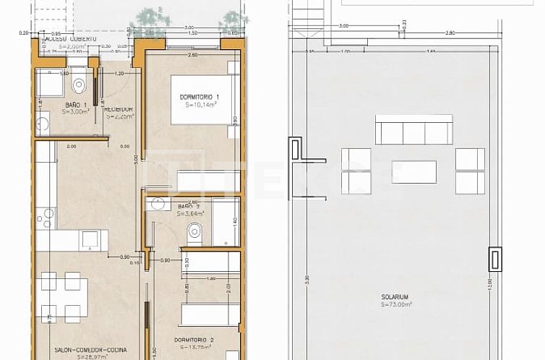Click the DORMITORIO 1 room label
199,97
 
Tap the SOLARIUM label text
395,297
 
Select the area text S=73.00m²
395,305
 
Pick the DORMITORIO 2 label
194,340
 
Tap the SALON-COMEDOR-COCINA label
81,349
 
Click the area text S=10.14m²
199,105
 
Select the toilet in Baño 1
80,86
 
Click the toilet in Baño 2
194,231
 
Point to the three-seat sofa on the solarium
413,129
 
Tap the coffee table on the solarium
413,171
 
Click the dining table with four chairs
61,296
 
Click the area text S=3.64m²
191,214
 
